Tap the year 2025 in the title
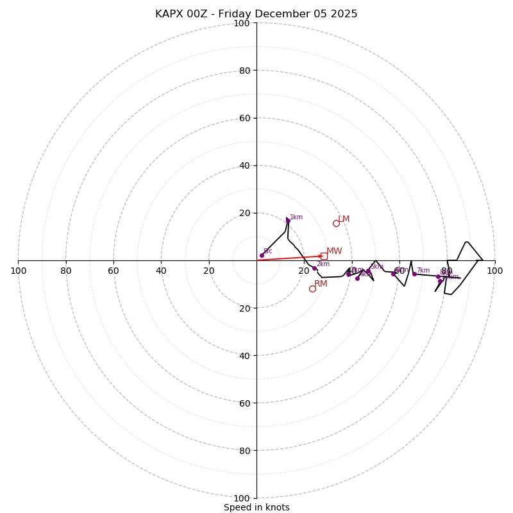coord(343,14)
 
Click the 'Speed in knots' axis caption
coord(256,508)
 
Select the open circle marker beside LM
coord(336,223)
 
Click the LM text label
coord(344,219)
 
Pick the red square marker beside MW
coord(324,256)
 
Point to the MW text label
coord(334,251)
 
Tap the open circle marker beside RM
coord(312,289)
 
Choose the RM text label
coord(321,284)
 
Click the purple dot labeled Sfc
coord(262,255)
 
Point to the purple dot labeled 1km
coord(288,221)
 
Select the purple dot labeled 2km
coord(314,269)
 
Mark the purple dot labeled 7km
coord(414,274)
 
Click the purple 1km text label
coord(296,217)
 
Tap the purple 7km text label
coord(423,271)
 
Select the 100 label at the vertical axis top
coord(241,24)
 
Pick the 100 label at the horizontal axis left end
coord(18,271)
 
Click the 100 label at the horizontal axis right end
coord(495,271)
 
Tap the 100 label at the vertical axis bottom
coord(241,498)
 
